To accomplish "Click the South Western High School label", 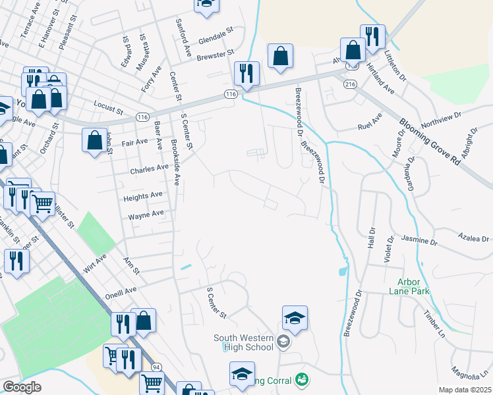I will pyautogui.click(x=243, y=342).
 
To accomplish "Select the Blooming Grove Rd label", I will pyautogui.click(x=430, y=142).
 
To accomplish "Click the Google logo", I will pyautogui.click(x=21, y=387).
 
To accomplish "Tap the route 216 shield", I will pyautogui.click(x=349, y=84).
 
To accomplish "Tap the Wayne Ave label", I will pyautogui.click(x=146, y=215).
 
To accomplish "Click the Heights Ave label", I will pyautogui.click(x=142, y=196).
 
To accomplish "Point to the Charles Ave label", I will pyautogui.click(x=149, y=168).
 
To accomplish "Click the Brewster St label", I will pyautogui.click(x=216, y=55).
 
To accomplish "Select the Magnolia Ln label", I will pyautogui.click(x=469, y=374).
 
